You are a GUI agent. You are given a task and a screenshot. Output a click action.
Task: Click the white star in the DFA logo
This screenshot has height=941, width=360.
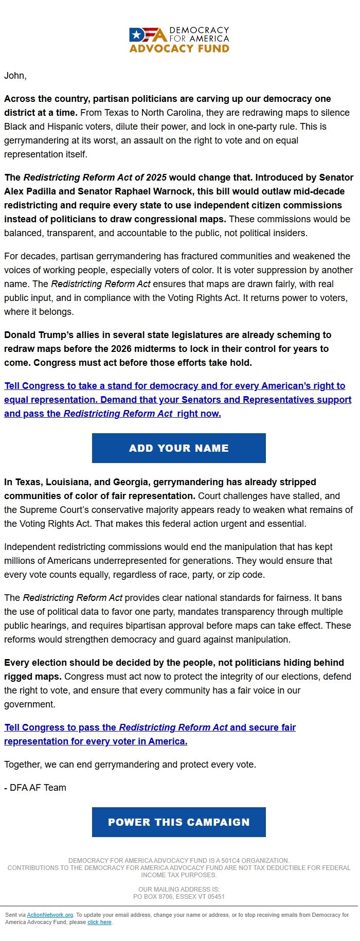136,35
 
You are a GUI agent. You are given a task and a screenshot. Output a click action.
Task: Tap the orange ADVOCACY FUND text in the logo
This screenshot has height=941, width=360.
179,48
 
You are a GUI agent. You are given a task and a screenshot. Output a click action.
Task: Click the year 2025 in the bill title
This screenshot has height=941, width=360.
156,177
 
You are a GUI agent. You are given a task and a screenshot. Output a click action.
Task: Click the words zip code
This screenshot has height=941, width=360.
246,575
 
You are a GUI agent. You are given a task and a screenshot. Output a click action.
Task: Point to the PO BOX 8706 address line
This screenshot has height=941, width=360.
179,897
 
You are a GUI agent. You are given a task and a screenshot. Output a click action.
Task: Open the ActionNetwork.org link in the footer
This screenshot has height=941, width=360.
50,915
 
